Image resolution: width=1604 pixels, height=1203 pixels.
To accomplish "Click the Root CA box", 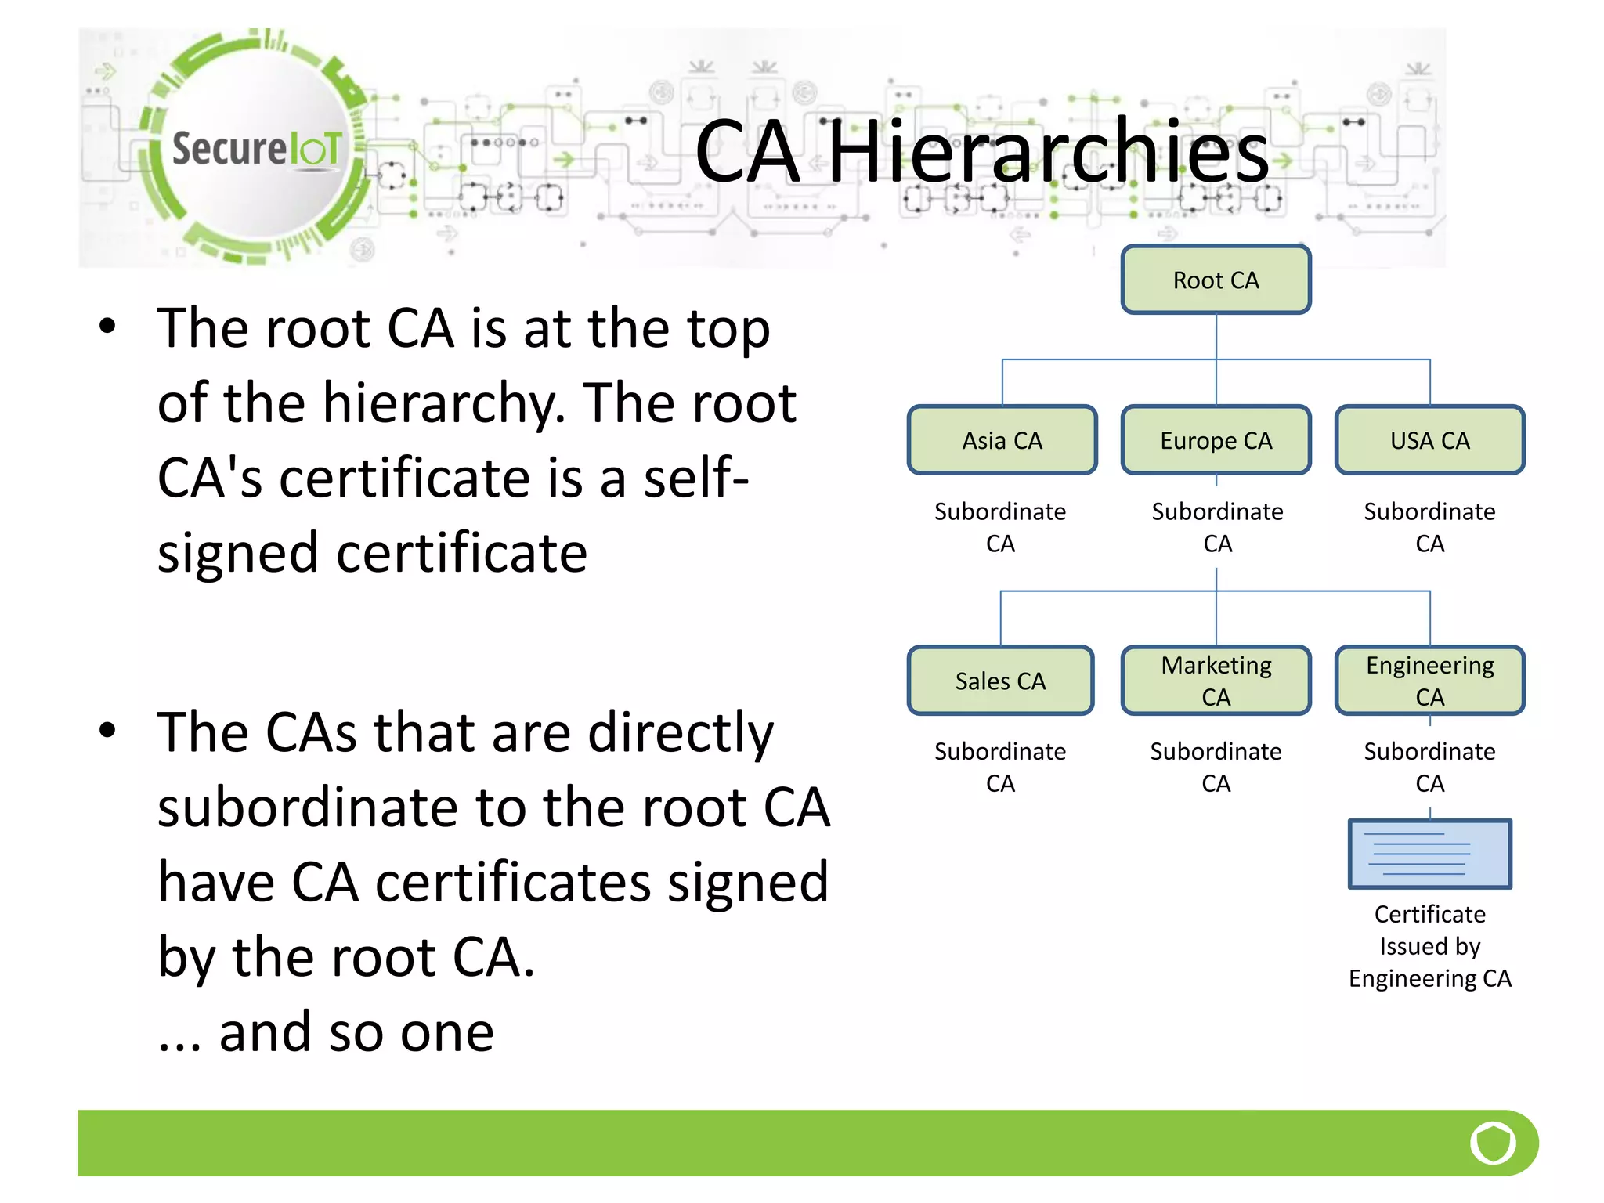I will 1216,280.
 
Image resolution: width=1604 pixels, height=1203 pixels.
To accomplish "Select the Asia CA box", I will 1002,440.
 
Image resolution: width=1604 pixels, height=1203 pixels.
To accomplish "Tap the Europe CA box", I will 1216,440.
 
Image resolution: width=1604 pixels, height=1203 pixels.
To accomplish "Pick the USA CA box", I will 1429,440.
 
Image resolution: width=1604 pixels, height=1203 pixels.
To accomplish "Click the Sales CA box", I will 1000,681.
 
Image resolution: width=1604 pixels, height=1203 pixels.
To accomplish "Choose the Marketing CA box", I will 1216,681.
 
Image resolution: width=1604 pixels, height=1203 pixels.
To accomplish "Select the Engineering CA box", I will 1429,681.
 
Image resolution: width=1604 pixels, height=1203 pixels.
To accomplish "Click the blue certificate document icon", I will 1429,854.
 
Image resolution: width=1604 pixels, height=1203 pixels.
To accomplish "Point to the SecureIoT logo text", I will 257,149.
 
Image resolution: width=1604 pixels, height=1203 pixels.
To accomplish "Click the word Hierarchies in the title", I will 1048,151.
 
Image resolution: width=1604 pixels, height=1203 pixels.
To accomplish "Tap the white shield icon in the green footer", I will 1493,1143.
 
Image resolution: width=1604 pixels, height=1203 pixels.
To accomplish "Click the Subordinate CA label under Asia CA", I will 1000,527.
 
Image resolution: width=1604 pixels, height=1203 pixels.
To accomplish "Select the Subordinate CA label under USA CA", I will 1429,527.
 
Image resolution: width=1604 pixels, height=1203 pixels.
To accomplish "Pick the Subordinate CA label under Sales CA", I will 1000,767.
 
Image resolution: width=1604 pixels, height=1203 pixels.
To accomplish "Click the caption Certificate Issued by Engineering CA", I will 1429,946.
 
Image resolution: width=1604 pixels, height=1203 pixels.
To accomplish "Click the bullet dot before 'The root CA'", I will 107,326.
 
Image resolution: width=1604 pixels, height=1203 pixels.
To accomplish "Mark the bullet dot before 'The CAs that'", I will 107,730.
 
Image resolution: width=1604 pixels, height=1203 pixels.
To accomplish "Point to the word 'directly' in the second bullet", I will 680,733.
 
